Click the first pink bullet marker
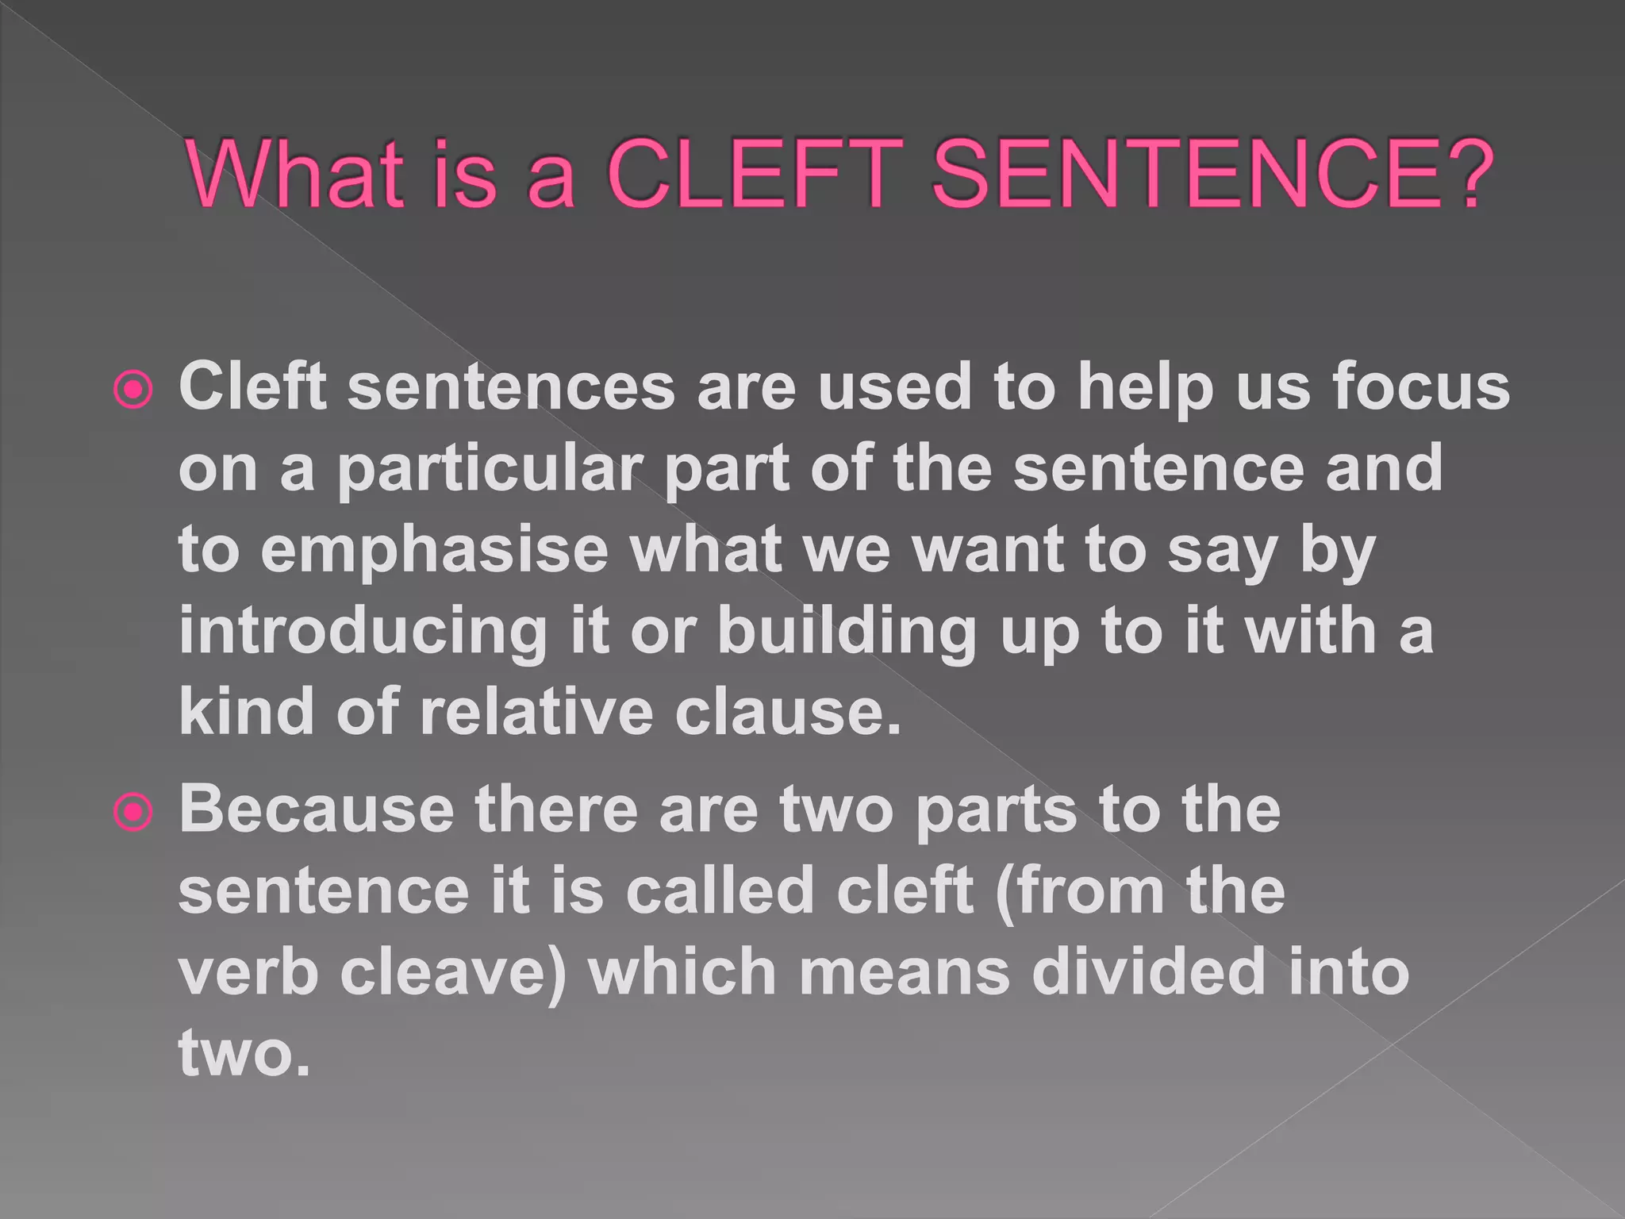[133, 390]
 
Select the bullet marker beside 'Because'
[133, 813]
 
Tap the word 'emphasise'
[433, 551]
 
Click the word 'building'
[847, 632]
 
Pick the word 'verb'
[248, 973]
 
